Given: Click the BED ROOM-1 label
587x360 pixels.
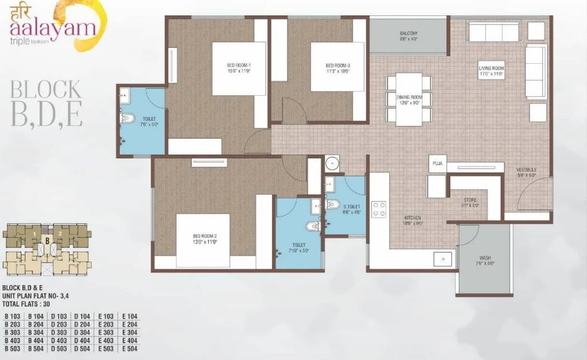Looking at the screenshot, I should [239, 66].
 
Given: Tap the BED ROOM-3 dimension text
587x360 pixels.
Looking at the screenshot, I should [337, 71].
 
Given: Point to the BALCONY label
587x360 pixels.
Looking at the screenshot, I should [408, 33].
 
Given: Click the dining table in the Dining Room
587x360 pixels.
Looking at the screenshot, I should [409, 99].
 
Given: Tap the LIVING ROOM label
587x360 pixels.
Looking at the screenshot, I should [491, 69].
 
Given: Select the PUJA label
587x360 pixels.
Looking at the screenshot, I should [438, 164].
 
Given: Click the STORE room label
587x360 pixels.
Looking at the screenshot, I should [469, 199].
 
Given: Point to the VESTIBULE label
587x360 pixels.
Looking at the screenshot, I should [526, 170].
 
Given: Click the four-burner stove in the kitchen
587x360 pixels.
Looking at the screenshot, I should [378, 209].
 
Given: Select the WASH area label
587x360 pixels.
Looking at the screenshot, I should [485, 258].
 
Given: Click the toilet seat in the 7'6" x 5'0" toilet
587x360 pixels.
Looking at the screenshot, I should [128, 117].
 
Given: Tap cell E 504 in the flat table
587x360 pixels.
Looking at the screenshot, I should [129, 349].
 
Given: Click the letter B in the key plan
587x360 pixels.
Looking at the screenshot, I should [47, 240].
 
